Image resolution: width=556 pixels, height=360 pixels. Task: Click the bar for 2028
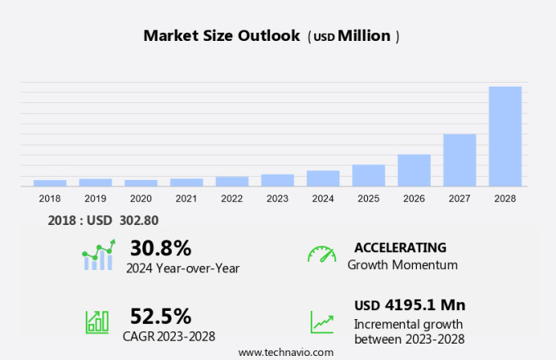504,137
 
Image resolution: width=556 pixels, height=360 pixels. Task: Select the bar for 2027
460,160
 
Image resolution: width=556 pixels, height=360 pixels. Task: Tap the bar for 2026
414,170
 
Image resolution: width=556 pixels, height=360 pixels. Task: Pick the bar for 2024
323,178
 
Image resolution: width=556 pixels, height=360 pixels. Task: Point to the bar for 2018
50,183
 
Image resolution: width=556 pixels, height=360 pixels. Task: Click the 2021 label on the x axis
186,199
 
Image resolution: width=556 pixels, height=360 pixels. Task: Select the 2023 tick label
277,199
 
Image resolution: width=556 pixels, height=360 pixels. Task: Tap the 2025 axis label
368,199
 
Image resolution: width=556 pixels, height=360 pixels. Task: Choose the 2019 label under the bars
95,199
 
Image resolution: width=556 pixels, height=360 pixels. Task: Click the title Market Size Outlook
222,36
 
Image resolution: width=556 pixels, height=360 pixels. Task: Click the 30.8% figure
160,248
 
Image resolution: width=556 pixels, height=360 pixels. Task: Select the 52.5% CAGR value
160,316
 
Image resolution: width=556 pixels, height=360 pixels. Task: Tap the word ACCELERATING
400,247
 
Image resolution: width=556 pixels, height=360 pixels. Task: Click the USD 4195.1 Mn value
410,305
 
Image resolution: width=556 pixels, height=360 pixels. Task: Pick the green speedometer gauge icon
321,254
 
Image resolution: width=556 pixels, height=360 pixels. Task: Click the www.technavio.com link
286,352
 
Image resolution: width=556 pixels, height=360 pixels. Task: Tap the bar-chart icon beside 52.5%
96,322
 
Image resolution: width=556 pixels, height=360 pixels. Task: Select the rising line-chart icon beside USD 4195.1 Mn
321,322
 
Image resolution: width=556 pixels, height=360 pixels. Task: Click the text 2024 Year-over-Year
182,267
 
